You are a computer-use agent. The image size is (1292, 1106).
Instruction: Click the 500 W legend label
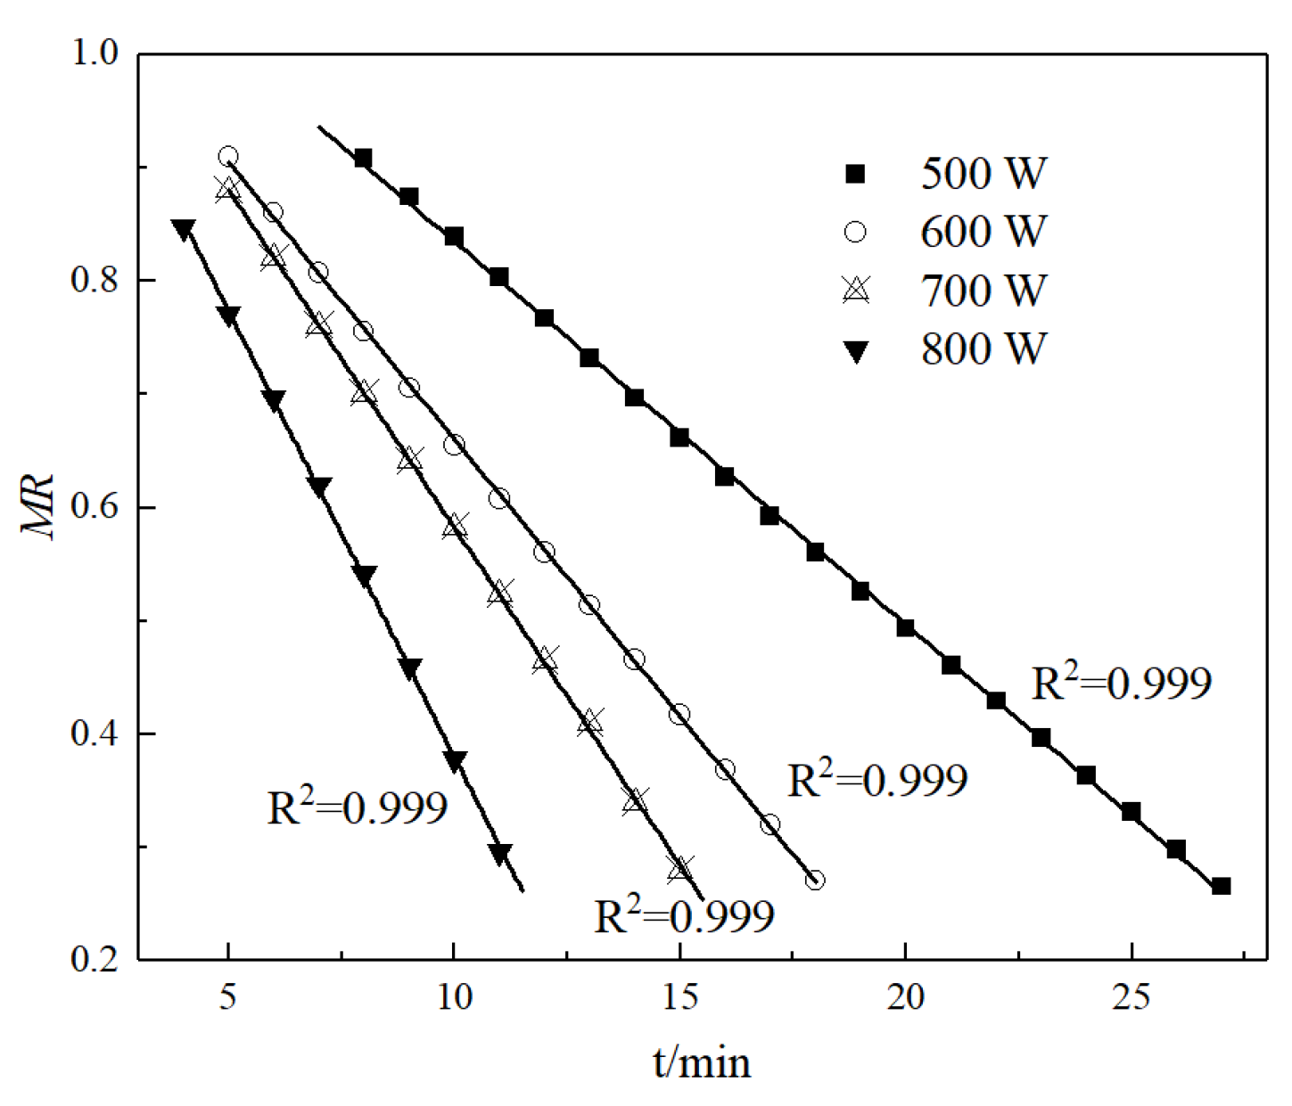(x=983, y=173)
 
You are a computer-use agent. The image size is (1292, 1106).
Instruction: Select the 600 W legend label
(x=983, y=232)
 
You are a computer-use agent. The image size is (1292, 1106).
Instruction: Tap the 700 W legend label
(x=983, y=291)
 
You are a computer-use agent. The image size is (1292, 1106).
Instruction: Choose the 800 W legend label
(x=983, y=348)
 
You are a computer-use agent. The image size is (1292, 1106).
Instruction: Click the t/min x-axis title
(x=702, y=1062)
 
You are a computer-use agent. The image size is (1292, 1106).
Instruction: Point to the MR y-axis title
(x=39, y=507)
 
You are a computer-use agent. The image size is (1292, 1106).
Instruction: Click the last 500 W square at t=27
(x=1222, y=886)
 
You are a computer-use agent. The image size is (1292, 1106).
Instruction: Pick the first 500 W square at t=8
(x=363, y=159)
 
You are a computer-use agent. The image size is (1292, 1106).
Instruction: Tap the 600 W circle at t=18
(x=815, y=881)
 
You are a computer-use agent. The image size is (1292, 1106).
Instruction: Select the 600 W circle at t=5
(x=228, y=157)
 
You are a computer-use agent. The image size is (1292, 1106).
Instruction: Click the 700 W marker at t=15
(x=680, y=868)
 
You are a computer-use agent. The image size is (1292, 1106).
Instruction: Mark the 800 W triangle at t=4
(x=183, y=229)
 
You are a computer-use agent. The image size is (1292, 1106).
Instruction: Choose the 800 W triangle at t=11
(x=500, y=854)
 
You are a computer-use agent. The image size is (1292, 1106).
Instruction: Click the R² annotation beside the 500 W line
(x=1121, y=684)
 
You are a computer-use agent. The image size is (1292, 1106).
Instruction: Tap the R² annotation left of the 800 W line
(x=357, y=807)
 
